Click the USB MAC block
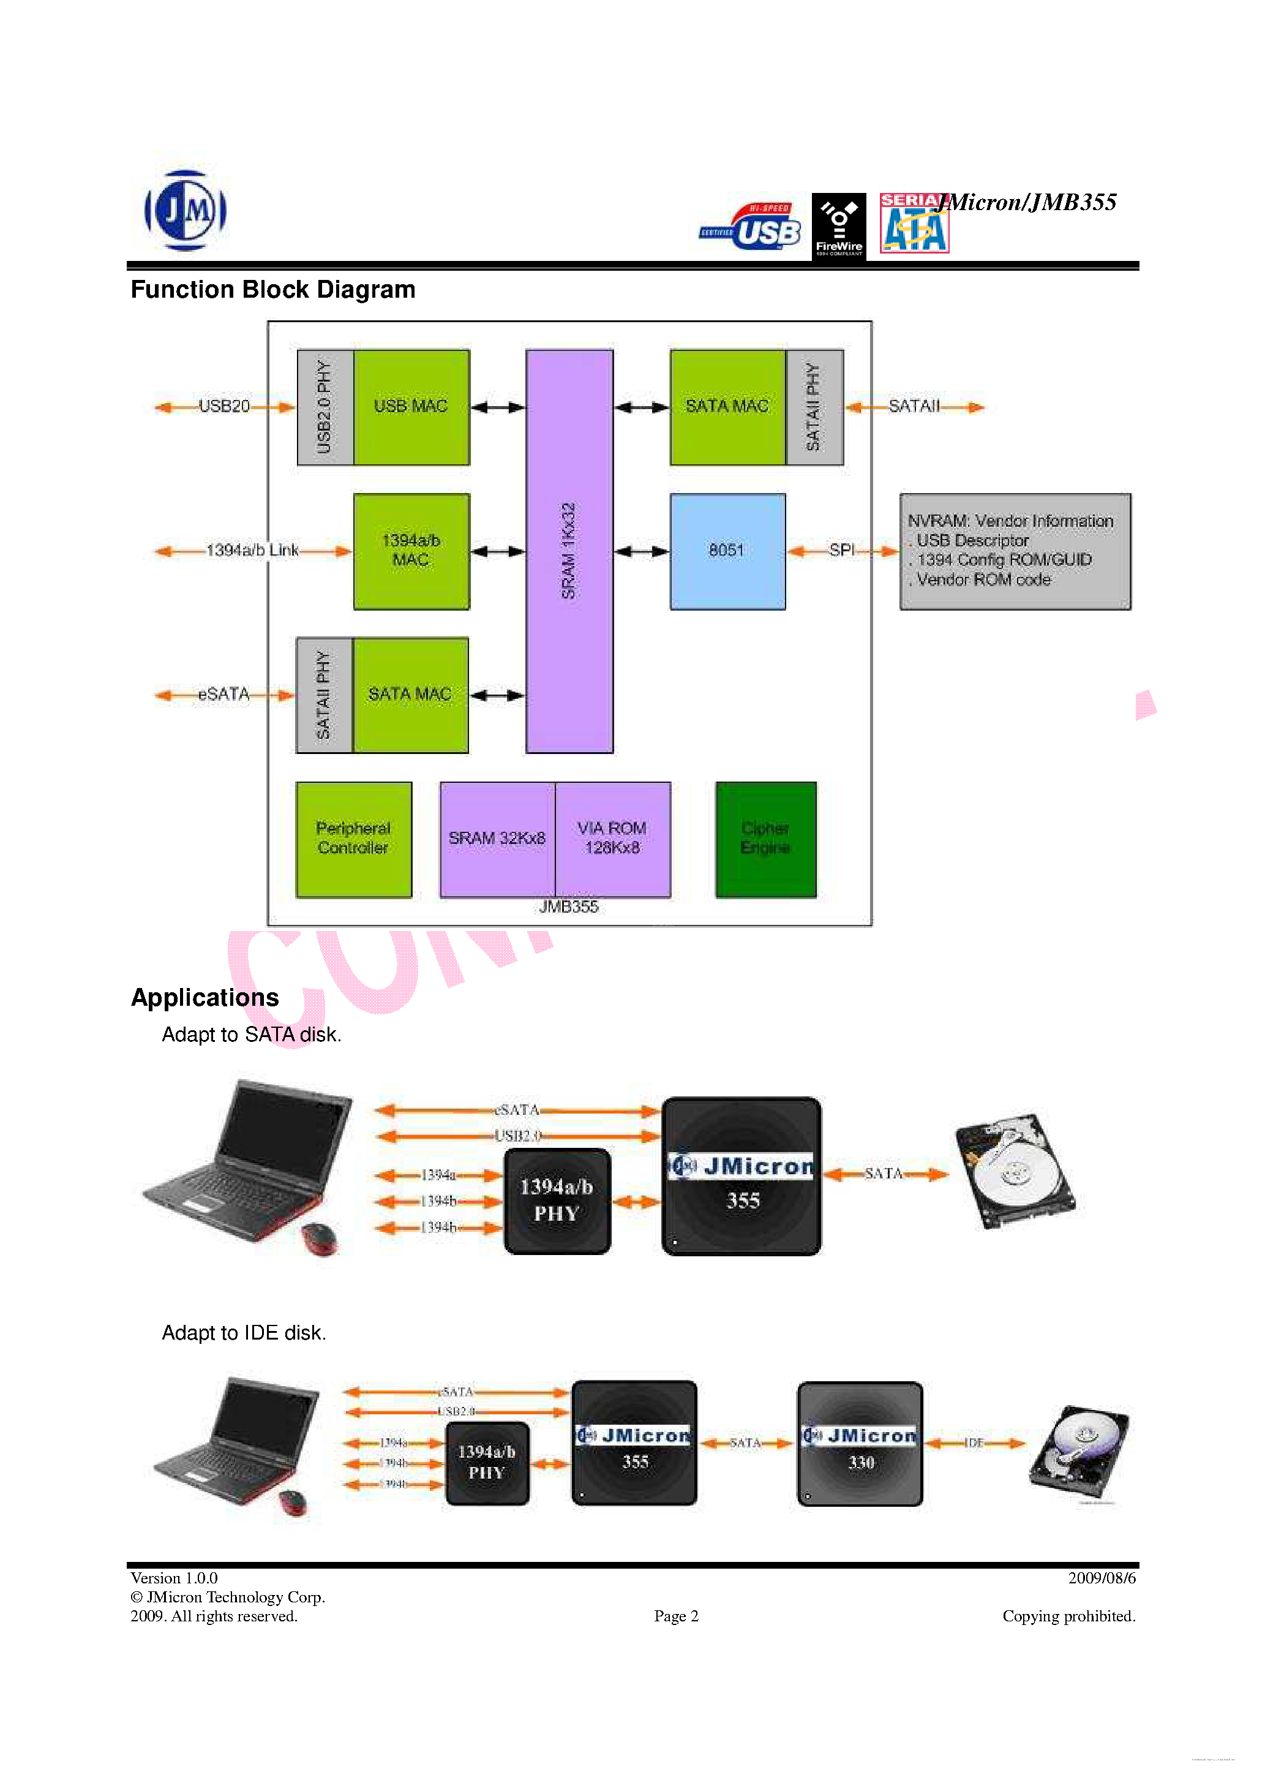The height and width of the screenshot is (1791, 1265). pos(411,407)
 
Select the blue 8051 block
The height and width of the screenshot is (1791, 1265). pos(727,551)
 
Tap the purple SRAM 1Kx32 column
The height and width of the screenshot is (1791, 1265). pos(569,551)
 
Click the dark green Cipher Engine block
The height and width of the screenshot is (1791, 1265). pos(765,839)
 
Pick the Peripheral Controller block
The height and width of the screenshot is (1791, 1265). pos(353,839)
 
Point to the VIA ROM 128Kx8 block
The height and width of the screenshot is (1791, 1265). pos(612,839)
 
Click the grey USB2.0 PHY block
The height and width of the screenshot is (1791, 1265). pos(325,407)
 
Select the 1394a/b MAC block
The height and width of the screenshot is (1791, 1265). pos(411,551)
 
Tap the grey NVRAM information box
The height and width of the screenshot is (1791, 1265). pos(1015,551)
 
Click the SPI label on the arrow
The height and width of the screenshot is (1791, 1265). pos(841,550)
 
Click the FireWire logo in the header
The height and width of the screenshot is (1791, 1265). pos(838,226)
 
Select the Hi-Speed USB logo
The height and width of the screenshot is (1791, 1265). pos(751,227)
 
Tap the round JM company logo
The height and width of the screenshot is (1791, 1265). pos(186,211)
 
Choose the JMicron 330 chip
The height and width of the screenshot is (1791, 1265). pos(860,1444)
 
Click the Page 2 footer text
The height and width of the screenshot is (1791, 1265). pos(675,1616)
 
